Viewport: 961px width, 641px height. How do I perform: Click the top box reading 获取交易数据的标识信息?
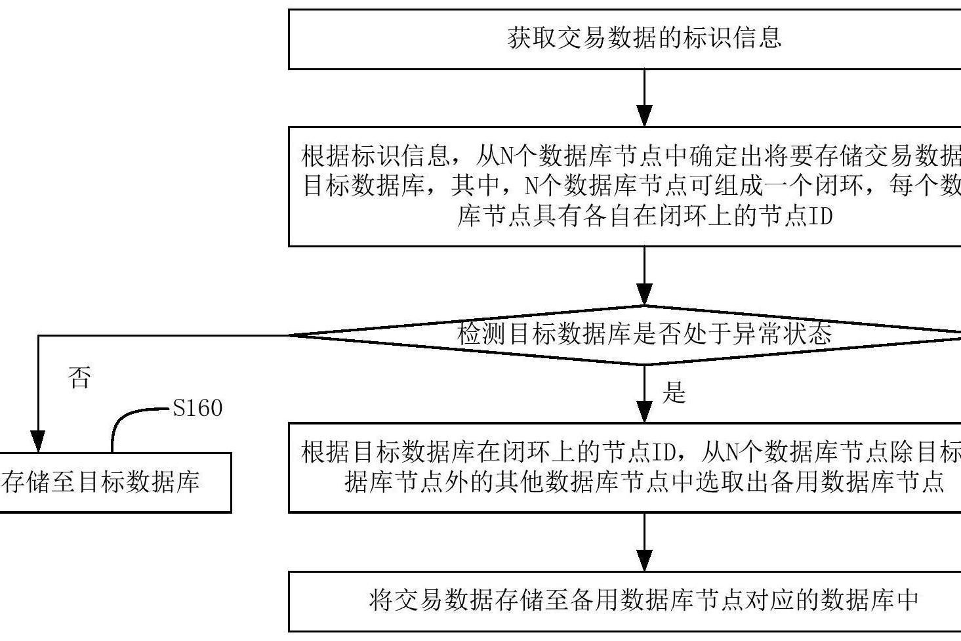pos(624,39)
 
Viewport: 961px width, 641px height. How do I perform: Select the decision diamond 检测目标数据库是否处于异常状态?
pos(644,335)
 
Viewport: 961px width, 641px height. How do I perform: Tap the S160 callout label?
pos(197,408)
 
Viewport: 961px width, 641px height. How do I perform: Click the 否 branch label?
pos(79,378)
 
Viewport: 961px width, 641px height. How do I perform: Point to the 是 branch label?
pos(674,392)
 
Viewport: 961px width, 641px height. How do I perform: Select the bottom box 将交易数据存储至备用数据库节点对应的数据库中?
pos(624,600)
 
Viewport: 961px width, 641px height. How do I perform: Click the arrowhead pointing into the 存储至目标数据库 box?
pos(39,442)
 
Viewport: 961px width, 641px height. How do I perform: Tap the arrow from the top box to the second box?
pos(645,98)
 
